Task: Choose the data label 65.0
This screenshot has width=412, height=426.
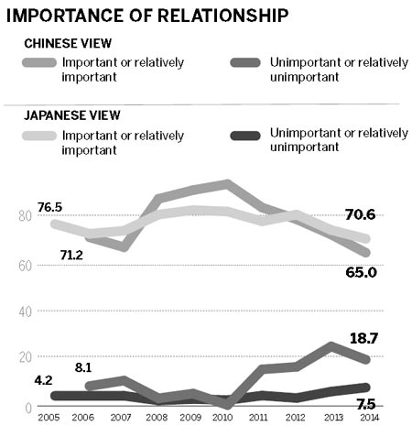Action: click(x=359, y=272)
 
